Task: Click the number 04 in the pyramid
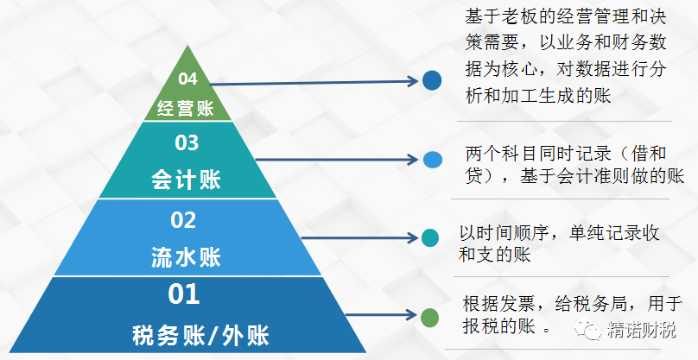click(187, 79)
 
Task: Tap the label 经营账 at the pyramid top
click(186, 108)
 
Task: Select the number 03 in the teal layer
click(187, 142)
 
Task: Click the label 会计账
click(186, 180)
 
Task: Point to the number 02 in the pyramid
click(183, 220)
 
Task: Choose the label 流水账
click(186, 257)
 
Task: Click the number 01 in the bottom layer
click(183, 294)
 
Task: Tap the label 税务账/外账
click(200, 335)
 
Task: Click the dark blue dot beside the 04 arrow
click(432, 80)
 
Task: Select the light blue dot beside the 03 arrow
click(432, 160)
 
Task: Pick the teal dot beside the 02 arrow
click(430, 238)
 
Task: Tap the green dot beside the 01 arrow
click(429, 318)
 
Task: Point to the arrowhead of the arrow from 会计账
click(413, 160)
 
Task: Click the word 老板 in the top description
click(520, 17)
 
